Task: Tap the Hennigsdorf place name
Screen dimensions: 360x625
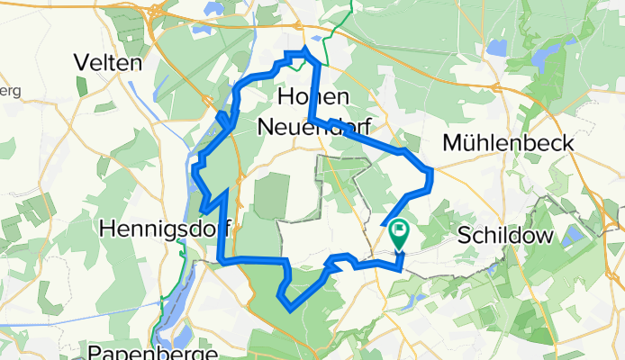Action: click(164, 229)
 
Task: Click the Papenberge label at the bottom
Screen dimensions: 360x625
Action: click(154, 350)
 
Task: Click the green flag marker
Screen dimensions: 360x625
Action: click(398, 234)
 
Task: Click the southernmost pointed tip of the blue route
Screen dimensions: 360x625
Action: click(289, 309)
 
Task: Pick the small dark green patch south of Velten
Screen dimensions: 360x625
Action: click(81, 86)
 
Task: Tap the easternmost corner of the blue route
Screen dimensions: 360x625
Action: click(432, 171)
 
